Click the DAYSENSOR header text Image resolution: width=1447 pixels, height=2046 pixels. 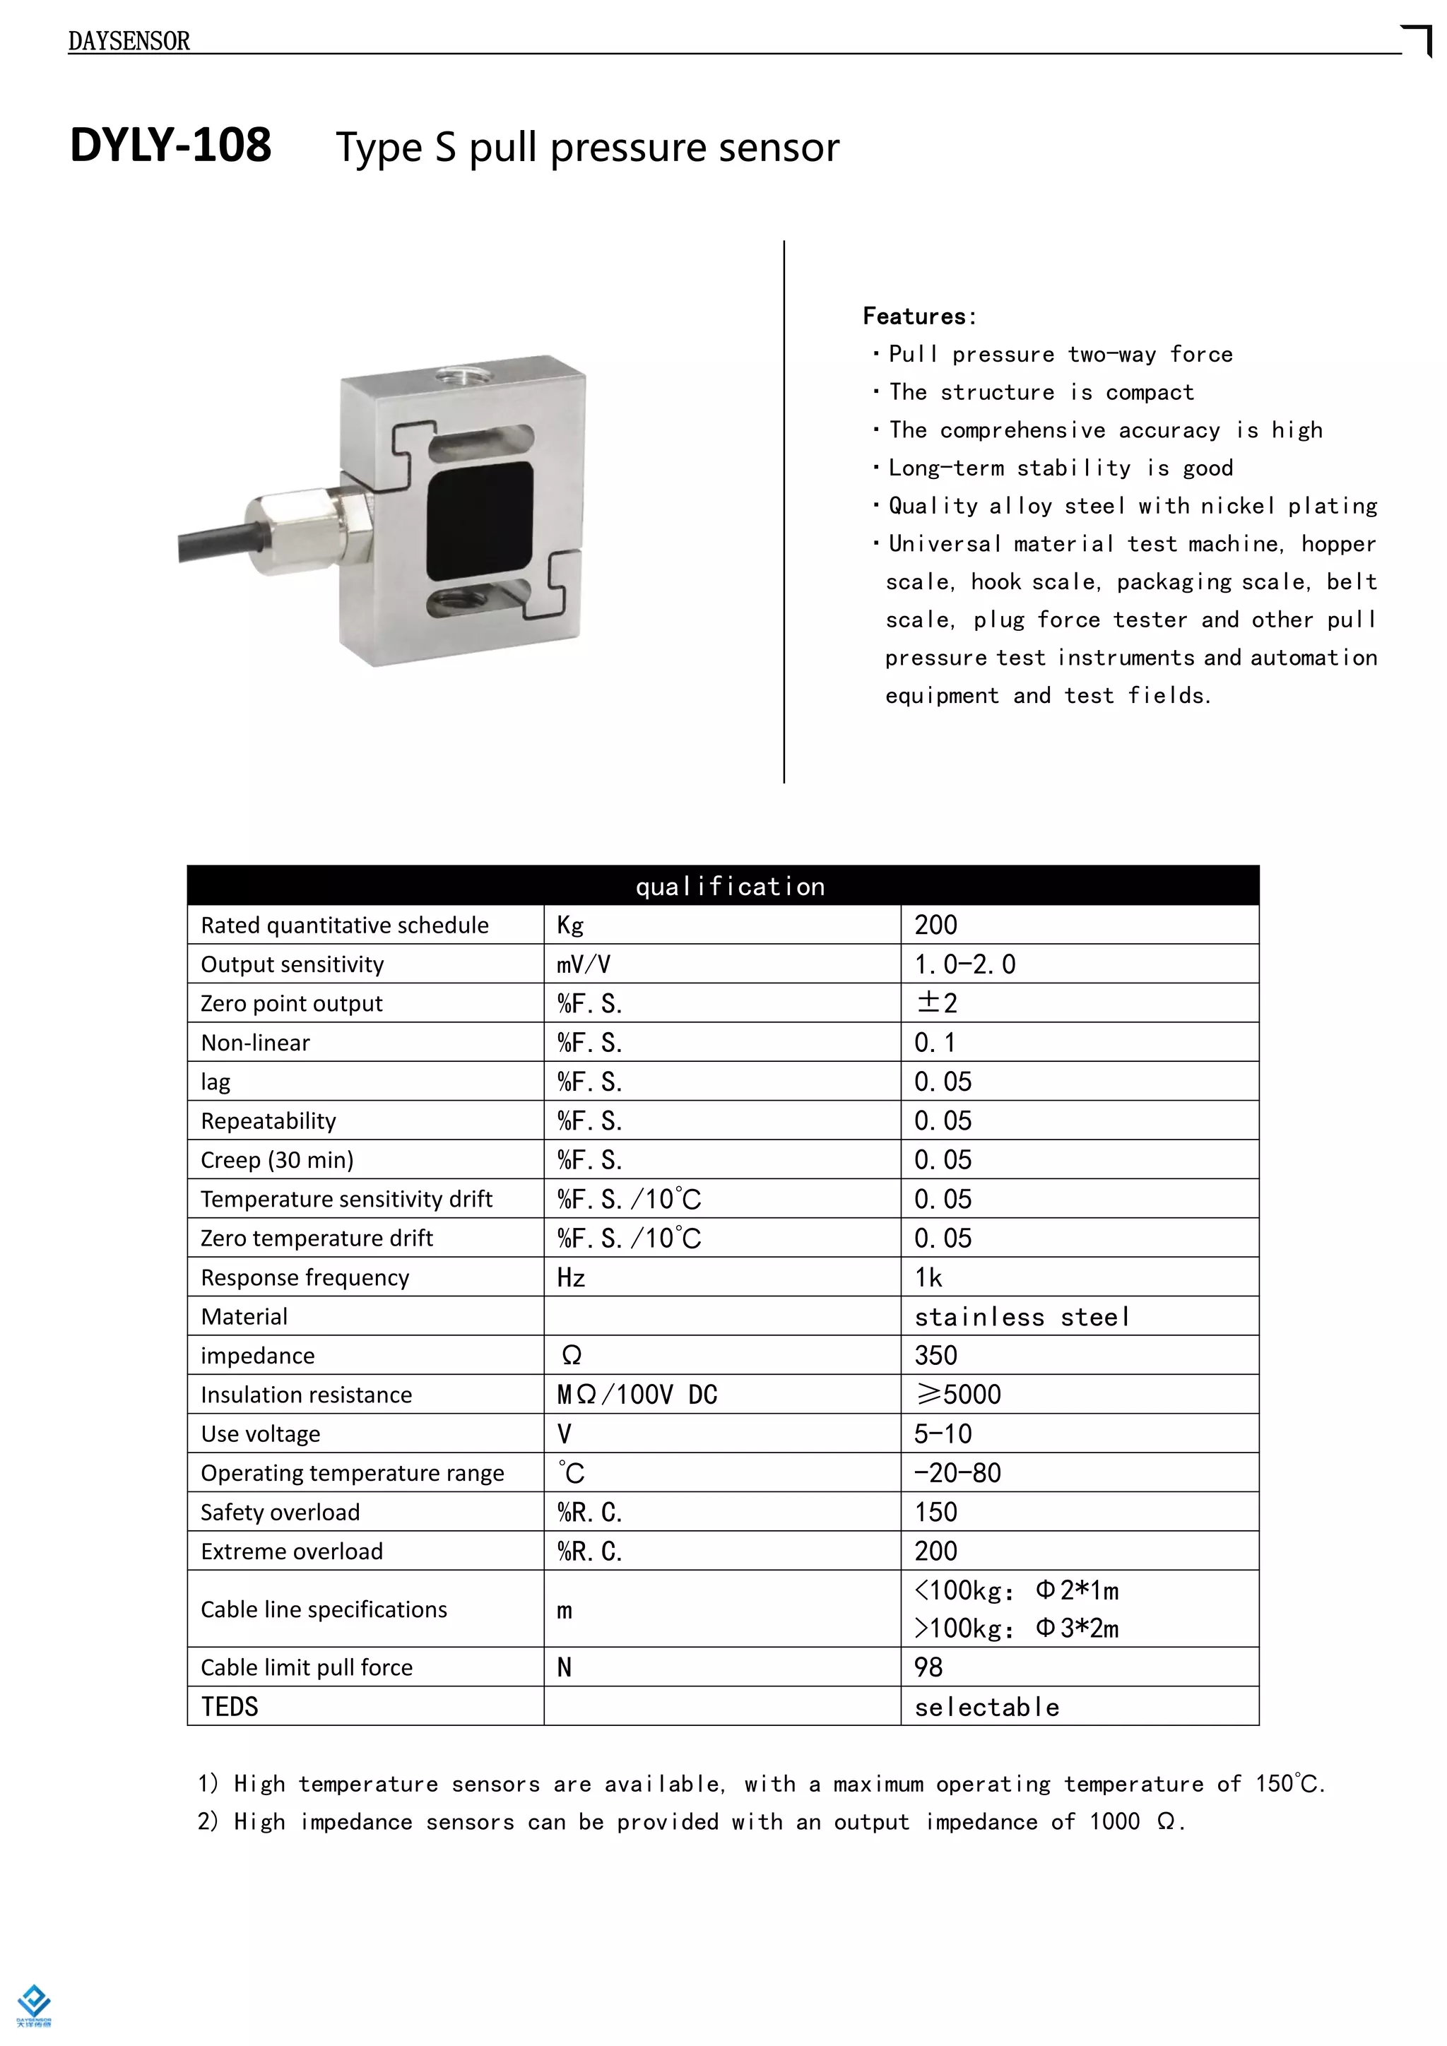click(129, 41)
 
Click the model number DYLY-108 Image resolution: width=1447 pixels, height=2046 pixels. click(171, 146)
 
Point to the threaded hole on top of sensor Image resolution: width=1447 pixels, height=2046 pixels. click(461, 372)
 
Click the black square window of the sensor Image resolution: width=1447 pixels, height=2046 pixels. click(480, 521)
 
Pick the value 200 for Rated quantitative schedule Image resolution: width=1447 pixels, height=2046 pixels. click(935, 925)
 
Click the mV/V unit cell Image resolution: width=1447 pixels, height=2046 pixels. click(584, 964)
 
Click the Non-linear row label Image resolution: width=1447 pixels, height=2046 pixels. click(256, 1043)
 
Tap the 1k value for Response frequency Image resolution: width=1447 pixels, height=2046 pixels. click(928, 1278)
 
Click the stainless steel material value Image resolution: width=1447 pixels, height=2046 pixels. click(1022, 1317)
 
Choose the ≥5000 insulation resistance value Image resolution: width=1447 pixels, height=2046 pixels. click(959, 1395)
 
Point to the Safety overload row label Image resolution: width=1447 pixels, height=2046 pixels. click(280, 1512)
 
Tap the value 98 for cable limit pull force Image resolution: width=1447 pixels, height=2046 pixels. click(928, 1667)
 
